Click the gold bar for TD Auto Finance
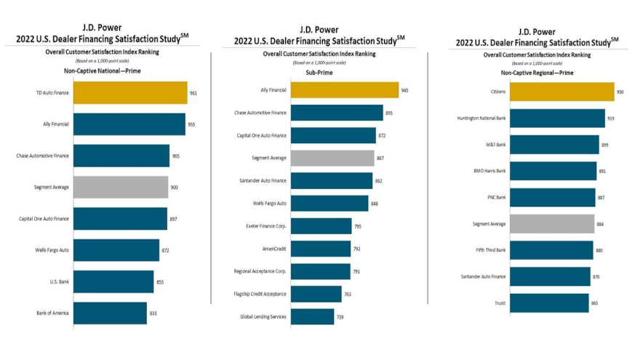pos(130,93)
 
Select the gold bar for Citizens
pos(561,92)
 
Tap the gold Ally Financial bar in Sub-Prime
pos(345,90)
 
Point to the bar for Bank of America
pos(110,313)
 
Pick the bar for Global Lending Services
pos(313,316)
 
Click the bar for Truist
pos(549,303)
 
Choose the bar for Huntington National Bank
pos(557,118)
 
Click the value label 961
pos(193,93)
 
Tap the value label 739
pos(340,316)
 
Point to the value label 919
pos(611,118)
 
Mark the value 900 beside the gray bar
pos(175,188)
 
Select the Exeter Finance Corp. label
pos(265,226)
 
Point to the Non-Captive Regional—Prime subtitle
pos(537,73)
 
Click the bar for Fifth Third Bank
pos(551,250)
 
